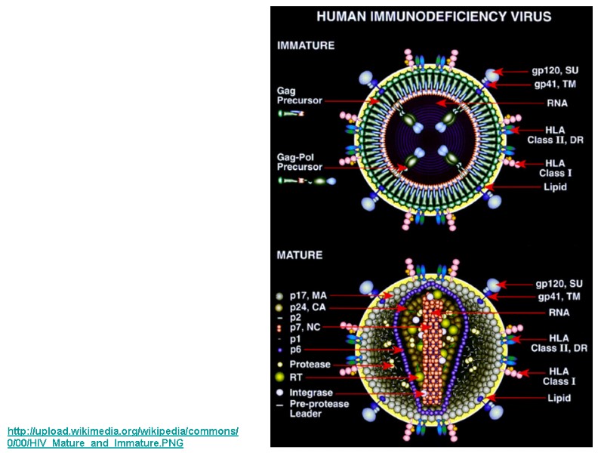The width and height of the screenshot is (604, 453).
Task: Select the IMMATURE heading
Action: pos(306,45)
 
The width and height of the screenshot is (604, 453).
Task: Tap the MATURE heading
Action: pos(300,255)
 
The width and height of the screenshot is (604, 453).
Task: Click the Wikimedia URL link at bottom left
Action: pos(122,436)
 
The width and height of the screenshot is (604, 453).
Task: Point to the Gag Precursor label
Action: pos(299,96)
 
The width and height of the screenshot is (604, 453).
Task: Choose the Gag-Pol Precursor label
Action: pos(299,162)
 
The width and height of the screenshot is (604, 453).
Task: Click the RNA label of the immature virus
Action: pos(557,103)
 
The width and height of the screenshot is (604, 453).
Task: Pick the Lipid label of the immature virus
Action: pos(556,186)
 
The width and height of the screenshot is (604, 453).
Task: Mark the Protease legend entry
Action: pos(310,365)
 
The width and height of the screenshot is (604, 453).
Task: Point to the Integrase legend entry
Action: pos(311,393)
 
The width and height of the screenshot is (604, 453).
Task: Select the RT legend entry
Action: pos(296,376)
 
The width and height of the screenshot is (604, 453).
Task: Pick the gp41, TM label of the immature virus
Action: pos(557,84)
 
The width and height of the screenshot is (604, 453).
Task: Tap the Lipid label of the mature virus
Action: pos(559,398)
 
